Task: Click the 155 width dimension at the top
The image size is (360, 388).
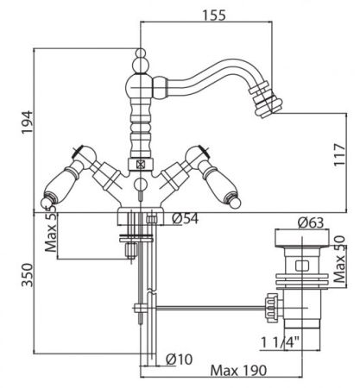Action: click(214, 16)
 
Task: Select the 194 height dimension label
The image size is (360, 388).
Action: click(28, 122)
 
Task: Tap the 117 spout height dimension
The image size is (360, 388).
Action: click(339, 154)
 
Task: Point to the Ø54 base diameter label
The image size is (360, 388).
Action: click(186, 219)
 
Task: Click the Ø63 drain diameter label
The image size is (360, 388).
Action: click(311, 222)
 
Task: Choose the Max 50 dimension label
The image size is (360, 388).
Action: click(339, 260)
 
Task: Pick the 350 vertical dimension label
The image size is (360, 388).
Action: click(28, 275)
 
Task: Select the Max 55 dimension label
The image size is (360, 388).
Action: click(51, 230)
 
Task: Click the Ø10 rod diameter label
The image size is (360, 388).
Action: click(179, 359)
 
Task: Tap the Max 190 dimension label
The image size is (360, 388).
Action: click(238, 371)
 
